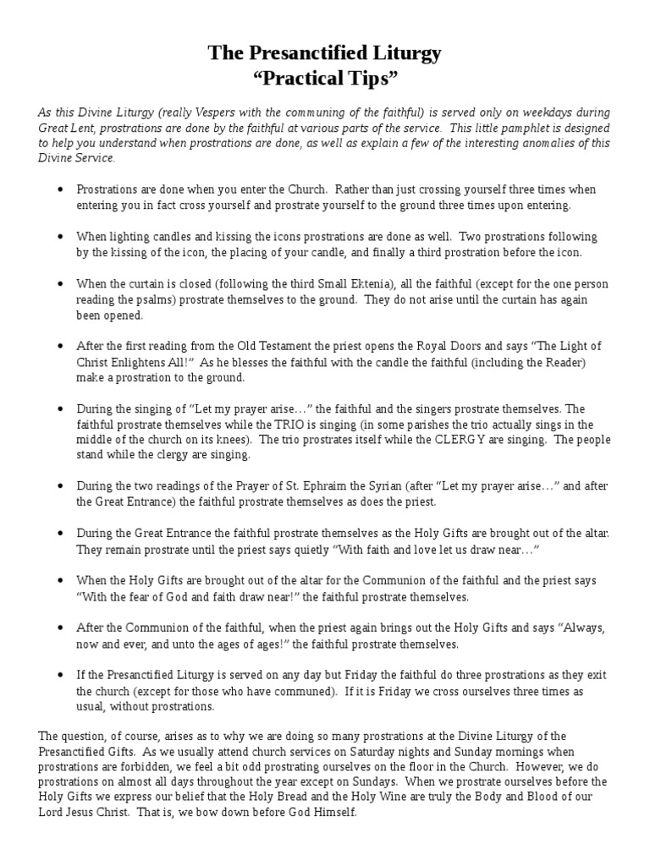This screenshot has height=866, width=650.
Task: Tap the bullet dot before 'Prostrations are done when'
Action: (x=60, y=190)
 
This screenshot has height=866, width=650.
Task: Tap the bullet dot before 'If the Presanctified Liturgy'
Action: (x=60, y=676)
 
